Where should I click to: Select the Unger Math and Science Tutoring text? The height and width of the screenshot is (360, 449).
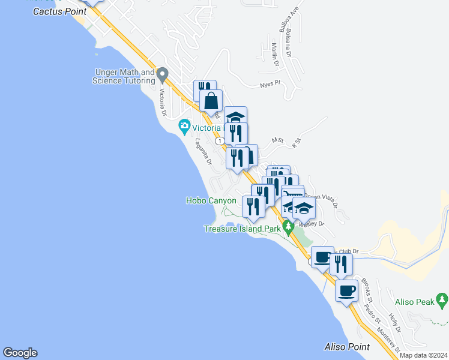124,77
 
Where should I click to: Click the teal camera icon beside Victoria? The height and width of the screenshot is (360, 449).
184,127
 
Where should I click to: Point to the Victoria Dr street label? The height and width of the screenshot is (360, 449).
162,103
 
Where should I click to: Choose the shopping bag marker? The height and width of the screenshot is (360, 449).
211,101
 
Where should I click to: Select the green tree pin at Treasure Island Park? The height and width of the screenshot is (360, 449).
288,227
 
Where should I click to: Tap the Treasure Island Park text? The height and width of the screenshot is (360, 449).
243,229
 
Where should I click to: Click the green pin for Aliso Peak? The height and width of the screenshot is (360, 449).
442,298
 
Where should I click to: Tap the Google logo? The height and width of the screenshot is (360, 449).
20,353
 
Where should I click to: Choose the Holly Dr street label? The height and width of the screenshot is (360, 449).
394,322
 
